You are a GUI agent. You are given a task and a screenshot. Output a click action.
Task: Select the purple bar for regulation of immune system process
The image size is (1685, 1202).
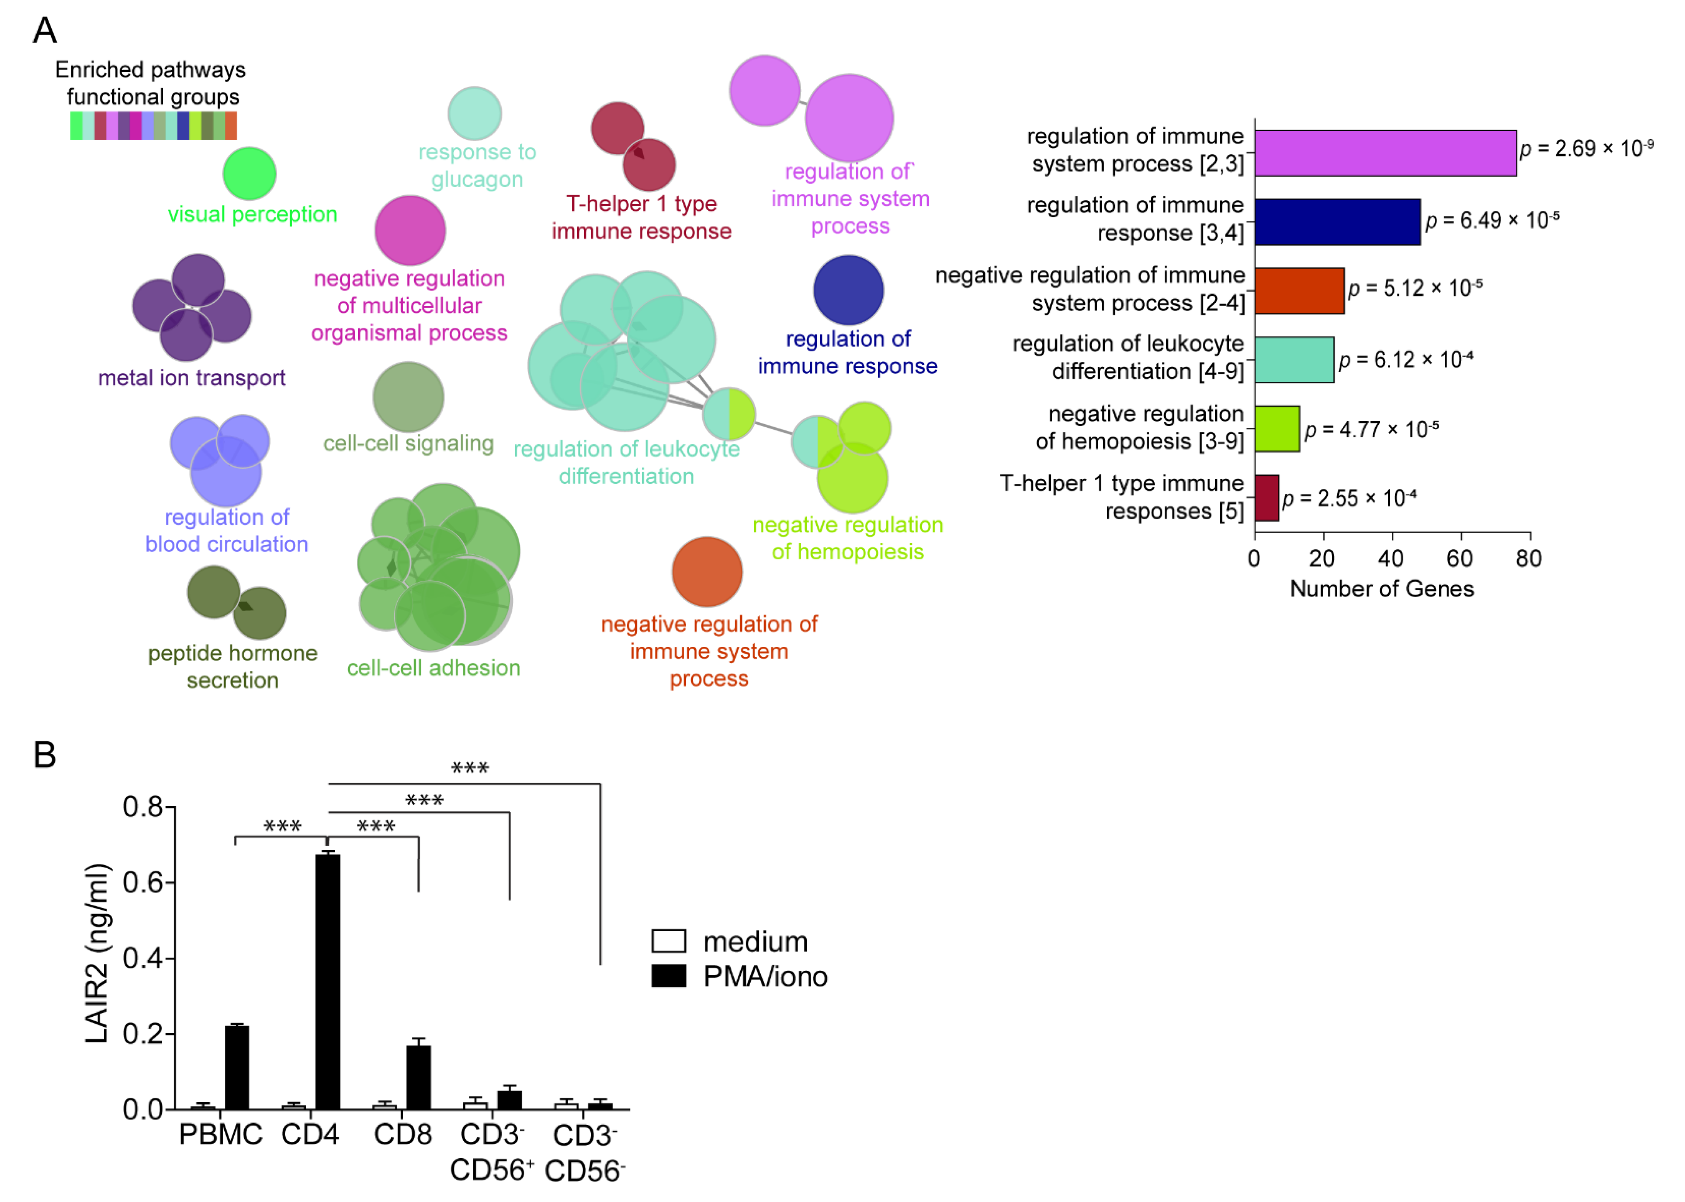click(x=1384, y=153)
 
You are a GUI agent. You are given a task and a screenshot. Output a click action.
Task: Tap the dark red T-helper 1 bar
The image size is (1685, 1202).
click(x=1266, y=498)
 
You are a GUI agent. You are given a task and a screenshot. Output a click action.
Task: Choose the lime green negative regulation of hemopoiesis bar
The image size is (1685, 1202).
click(x=1276, y=429)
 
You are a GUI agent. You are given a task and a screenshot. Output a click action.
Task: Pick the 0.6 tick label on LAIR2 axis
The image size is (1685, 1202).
click(x=142, y=882)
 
